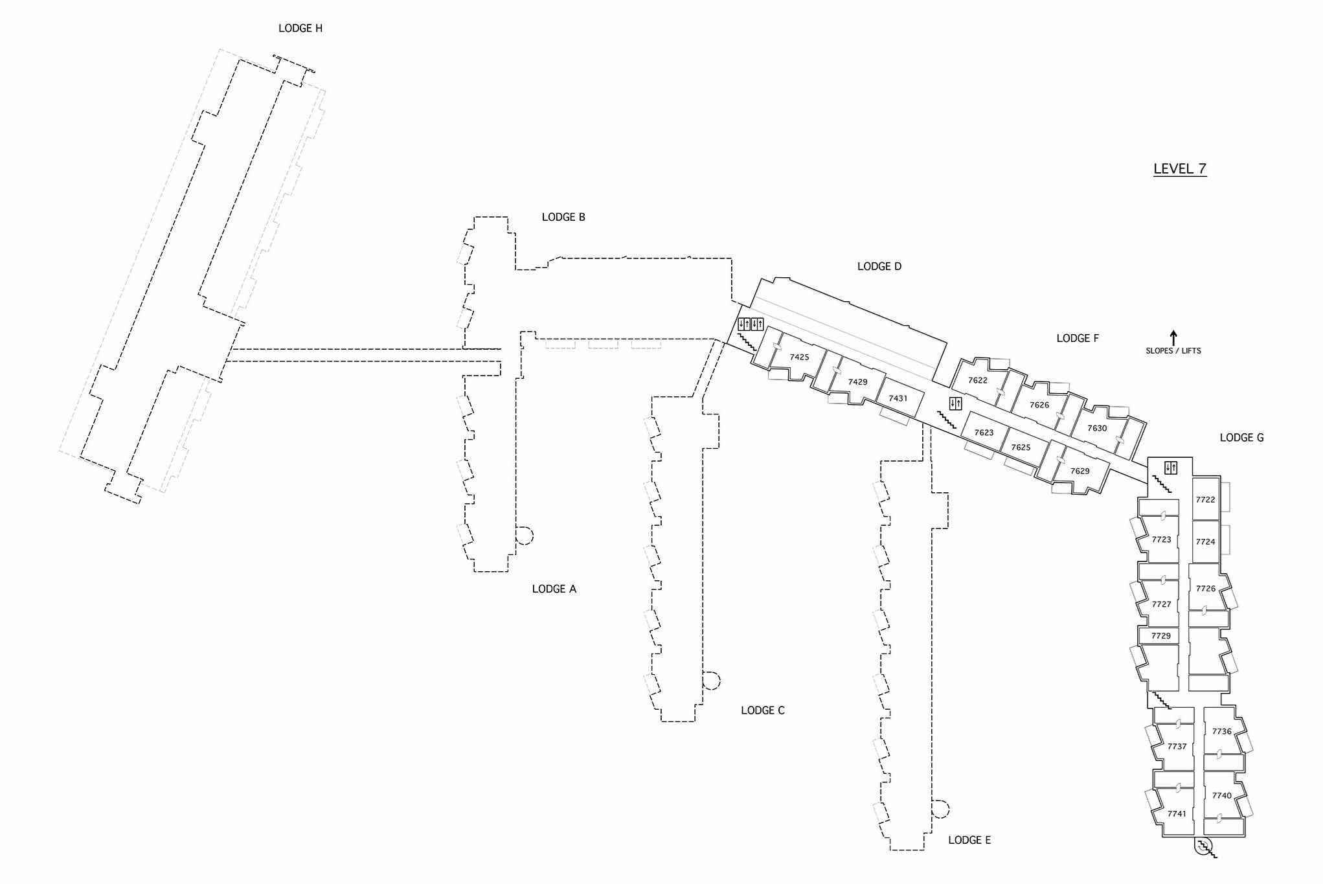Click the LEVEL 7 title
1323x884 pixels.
tap(1179, 169)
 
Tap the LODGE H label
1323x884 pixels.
tap(300, 28)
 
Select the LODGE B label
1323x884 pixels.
tap(563, 217)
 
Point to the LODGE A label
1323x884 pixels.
tap(554, 589)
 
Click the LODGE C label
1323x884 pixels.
tap(762, 710)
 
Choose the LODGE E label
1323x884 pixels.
tap(969, 840)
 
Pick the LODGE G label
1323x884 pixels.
tap(1241, 438)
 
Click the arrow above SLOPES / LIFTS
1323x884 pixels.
tap(1173, 337)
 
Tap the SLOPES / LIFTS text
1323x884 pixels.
tap(1173, 351)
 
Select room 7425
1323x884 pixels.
tap(799, 357)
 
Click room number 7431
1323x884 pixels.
tap(898, 398)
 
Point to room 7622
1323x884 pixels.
tap(977, 380)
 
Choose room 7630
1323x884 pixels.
tap(1096, 428)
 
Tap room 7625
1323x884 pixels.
tap(1021, 448)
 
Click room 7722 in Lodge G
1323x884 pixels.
tap(1205, 499)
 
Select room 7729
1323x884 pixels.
tap(1160, 636)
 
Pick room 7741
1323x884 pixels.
tap(1177, 813)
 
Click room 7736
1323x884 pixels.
tap(1221, 731)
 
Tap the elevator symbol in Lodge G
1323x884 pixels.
tap(1170, 467)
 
